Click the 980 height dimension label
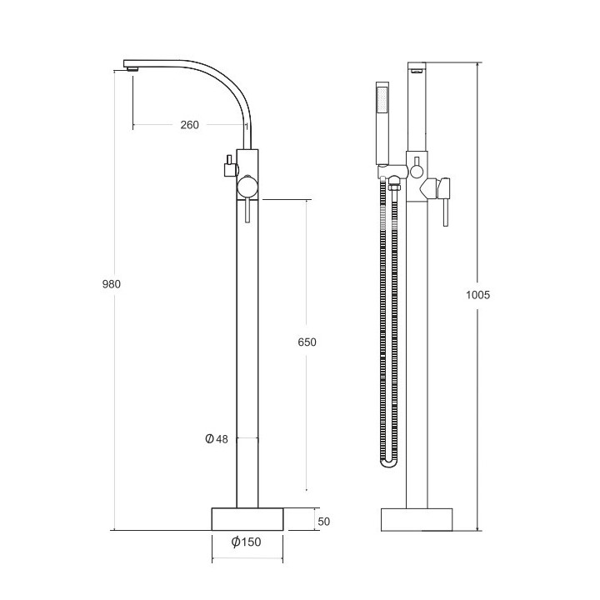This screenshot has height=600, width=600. (x=112, y=284)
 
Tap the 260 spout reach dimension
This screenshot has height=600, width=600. (x=189, y=125)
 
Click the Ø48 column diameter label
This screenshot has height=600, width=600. (x=216, y=439)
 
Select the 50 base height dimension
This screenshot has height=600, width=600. (x=324, y=521)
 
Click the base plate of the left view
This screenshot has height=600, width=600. (x=247, y=519)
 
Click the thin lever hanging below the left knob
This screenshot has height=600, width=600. (x=247, y=213)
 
